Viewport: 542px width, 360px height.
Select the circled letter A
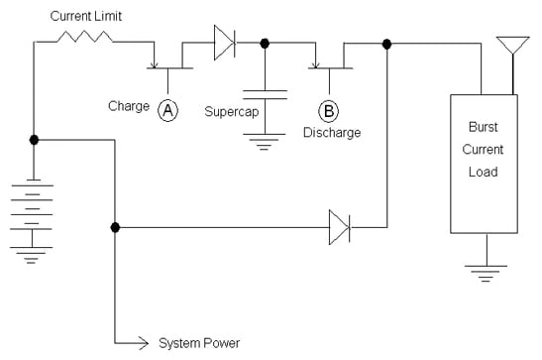pyautogui.click(x=168, y=112)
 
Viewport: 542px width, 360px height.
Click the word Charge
pyautogui.click(x=131, y=107)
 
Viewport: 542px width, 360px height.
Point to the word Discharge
pyautogui.click(x=332, y=132)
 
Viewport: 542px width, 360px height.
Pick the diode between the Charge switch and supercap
pyautogui.click(x=224, y=43)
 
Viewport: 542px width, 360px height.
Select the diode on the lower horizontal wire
pyautogui.click(x=338, y=227)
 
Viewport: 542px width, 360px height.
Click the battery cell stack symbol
pyautogui.click(x=35, y=211)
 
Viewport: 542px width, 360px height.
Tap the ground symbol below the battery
pyautogui.click(x=35, y=257)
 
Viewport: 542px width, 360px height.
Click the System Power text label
pyautogui.click(x=200, y=344)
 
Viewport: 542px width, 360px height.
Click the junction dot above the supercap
pyautogui.click(x=265, y=43)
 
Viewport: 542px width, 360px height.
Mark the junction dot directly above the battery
pyautogui.click(x=35, y=140)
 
